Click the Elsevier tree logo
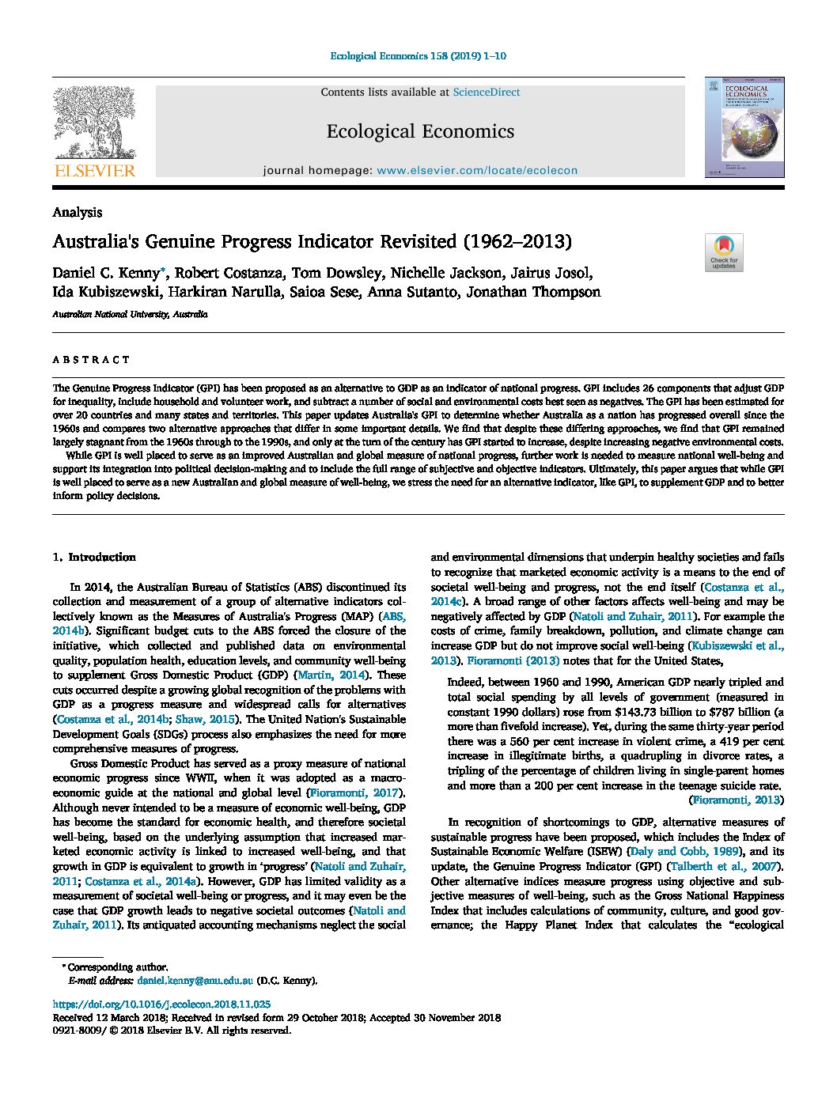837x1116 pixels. click(94, 127)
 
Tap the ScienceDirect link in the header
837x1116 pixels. click(486, 93)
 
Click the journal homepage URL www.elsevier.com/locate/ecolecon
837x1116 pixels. click(477, 170)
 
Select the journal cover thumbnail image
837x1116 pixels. click(744, 127)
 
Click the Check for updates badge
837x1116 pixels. click(723, 252)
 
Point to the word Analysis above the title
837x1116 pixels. click(77, 212)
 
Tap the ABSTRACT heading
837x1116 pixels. click(91, 360)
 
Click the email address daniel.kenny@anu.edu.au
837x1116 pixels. click(195, 980)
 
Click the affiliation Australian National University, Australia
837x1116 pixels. click(130, 314)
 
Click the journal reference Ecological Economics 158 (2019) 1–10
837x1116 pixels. click(417, 56)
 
